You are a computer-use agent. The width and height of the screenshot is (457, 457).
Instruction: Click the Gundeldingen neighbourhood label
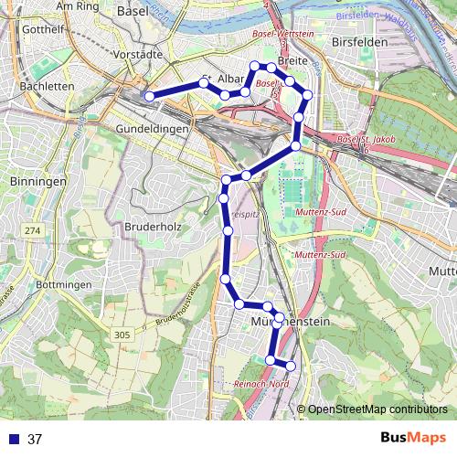153,129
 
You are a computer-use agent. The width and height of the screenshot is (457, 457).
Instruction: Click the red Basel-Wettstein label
282,34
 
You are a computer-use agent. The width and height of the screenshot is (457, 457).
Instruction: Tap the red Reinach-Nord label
262,383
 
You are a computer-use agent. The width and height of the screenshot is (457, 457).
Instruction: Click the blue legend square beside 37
12,439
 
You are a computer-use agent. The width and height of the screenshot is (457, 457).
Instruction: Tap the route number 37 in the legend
35,439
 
